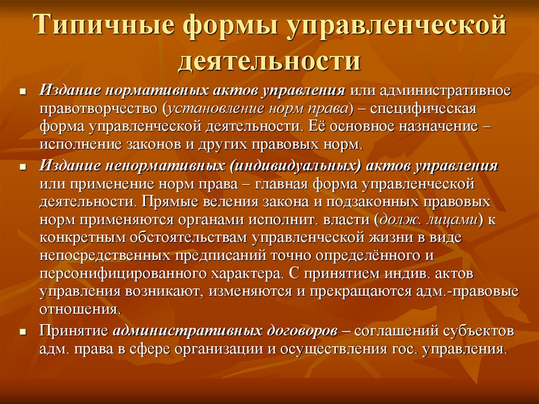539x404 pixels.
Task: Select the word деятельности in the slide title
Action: coord(269,60)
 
